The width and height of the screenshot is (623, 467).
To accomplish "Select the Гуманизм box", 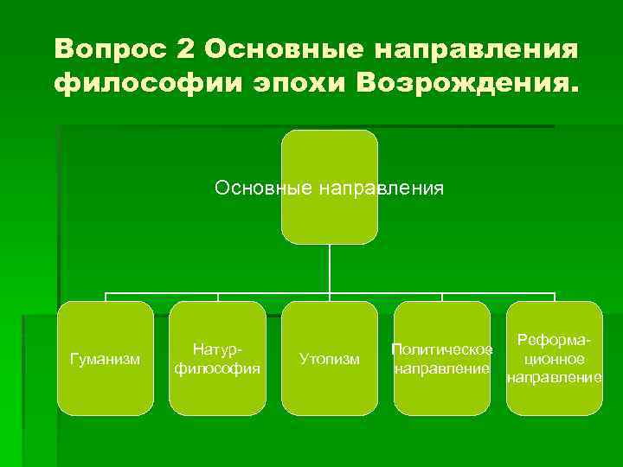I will click(106, 358).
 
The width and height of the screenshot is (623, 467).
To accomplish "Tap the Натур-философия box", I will click(217, 358).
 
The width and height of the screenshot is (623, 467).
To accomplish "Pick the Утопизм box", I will click(330, 358).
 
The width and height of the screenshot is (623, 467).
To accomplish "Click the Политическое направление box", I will click(441, 358).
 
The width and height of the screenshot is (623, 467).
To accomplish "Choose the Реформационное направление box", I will click(554, 358).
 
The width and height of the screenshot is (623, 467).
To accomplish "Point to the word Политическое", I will click(441, 349).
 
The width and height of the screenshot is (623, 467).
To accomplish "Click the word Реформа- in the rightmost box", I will click(554, 341).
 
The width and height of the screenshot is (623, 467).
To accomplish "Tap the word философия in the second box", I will click(217, 368).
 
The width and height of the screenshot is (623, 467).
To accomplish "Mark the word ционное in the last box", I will click(554, 359).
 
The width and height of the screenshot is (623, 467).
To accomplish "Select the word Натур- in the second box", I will click(217, 349).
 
